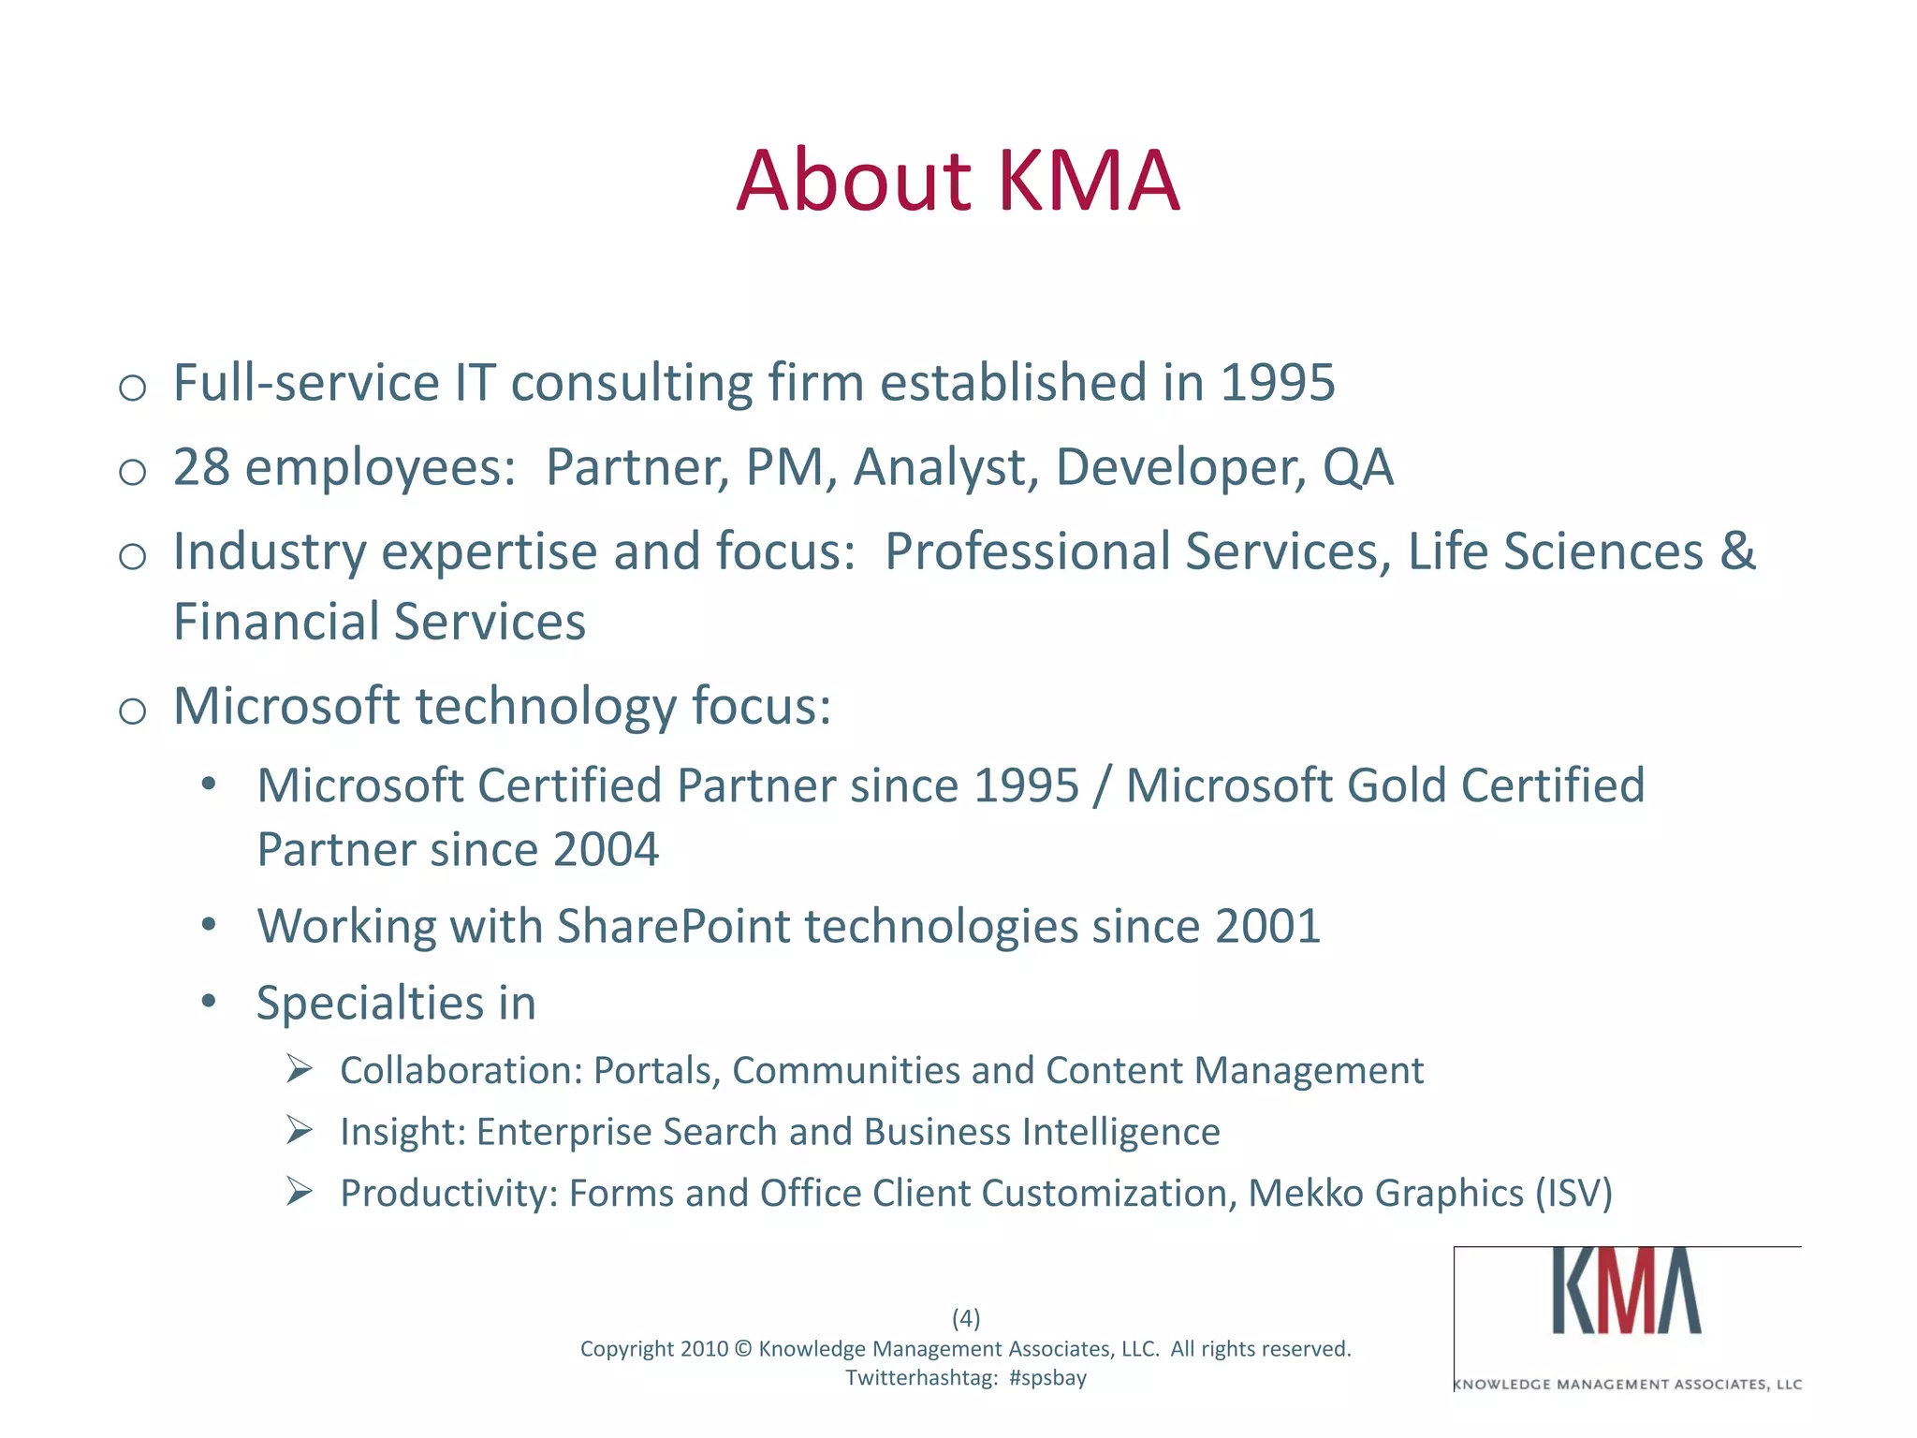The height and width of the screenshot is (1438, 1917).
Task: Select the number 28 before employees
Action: point(201,467)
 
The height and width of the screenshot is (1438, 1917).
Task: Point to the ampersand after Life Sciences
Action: point(1737,551)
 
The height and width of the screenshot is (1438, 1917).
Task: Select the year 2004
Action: point(606,850)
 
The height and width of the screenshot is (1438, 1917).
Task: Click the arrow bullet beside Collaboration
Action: point(299,1068)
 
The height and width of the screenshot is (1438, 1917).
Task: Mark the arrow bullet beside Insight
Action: point(299,1130)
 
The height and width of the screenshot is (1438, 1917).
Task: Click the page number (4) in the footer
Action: point(966,1318)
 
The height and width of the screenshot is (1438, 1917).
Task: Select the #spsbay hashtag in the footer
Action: point(1047,1378)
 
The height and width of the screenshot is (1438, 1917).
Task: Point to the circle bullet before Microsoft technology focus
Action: point(133,712)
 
